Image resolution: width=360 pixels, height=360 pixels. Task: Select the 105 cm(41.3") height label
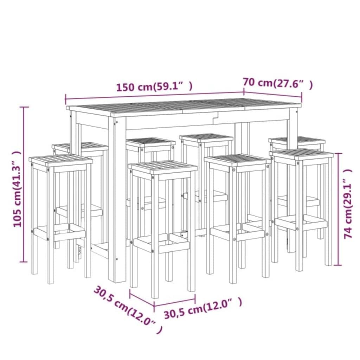(x=17, y=189)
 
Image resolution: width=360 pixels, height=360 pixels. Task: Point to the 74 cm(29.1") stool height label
(x=348, y=204)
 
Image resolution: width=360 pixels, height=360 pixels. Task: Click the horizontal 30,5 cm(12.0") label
(x=203, y=308)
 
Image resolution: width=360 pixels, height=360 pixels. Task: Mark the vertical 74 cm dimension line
(x=338, y=209)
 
